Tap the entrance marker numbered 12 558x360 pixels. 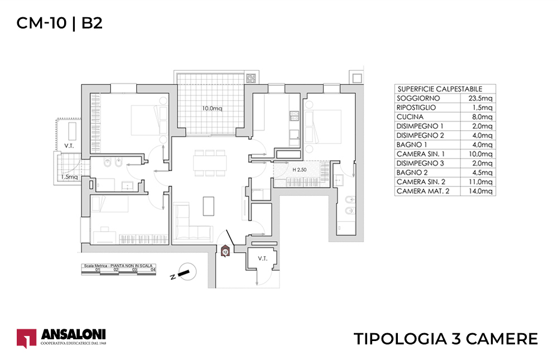[225, 252]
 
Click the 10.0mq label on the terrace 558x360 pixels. [212, 108]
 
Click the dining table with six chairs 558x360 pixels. [210, 162]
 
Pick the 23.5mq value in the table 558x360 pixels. [481, 98]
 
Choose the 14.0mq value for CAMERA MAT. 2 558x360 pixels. [481, 191]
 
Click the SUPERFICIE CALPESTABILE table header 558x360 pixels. [439, 89]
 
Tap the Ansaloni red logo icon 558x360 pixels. [26, 338]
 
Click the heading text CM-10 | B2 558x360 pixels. [59, 23]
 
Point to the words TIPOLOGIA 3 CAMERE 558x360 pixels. [446, 339]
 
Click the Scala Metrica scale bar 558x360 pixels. [118, 268]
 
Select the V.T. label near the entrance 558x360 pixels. [263, 259]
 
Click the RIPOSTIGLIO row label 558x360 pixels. [416, 108]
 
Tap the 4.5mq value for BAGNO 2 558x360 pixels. [482, 172]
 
